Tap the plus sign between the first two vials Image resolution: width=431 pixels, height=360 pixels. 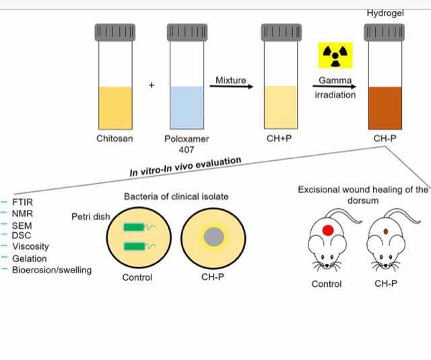pos(152,85)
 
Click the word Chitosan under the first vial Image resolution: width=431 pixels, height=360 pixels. pos(114,139)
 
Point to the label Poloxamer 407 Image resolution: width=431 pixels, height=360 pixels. pos(187,144)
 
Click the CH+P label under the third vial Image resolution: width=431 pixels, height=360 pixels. pos(278,139)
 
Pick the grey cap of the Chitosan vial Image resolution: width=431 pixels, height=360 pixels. pos(114,31)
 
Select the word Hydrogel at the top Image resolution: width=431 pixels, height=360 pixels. pos(385,13)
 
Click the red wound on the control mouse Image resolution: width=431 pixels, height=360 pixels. pos(329,230)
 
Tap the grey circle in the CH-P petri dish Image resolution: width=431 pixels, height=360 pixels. pos(215,236)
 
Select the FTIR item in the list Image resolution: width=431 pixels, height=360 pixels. pos(22,202)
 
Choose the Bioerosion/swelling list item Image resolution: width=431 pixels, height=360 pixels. pos(51,270)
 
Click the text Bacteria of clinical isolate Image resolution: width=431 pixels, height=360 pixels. pos(176,196)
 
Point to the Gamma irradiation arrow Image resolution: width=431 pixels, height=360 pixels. pos(335,87)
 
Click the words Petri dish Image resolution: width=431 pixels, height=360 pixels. pos(90,217)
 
